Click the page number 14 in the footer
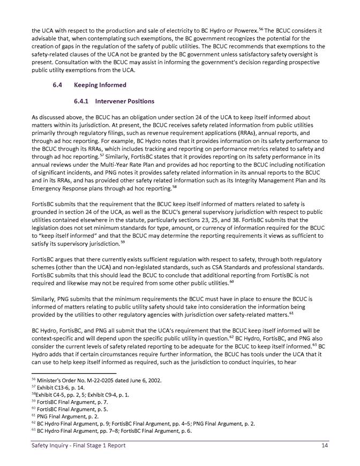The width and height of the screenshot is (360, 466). (x=325, y=446)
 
